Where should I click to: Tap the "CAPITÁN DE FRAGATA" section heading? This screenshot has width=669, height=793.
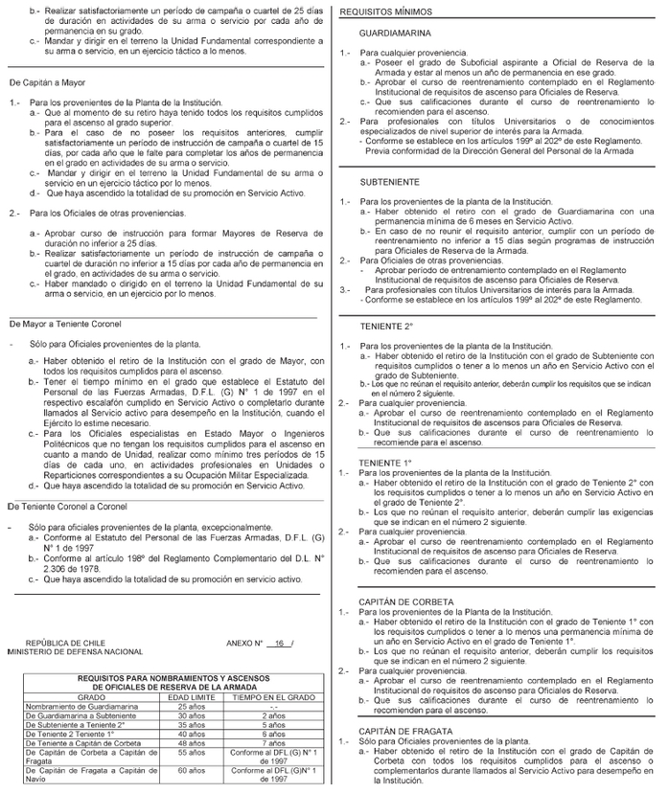[x=405, y=731]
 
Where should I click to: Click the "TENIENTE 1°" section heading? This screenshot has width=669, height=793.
[x=381, y=462]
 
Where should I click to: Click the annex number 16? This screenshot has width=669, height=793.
[x=278, y=643]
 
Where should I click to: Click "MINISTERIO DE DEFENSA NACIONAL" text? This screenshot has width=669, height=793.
[x=75, y=651]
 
